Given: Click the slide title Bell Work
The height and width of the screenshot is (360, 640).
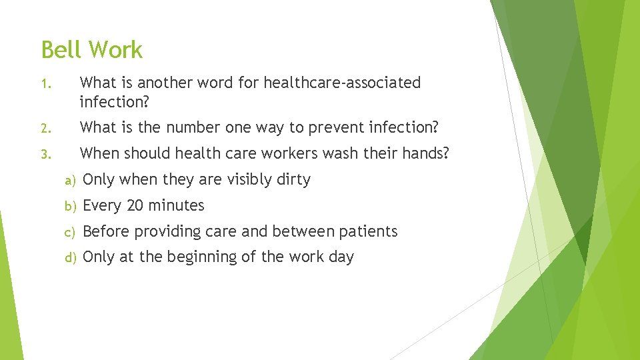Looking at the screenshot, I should [x=92, y=50].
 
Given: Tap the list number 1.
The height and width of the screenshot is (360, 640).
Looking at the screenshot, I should [x=44, y=84].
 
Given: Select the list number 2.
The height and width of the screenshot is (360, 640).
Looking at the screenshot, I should [x=45, y=128].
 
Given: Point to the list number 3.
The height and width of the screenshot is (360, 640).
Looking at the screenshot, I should [x=45, y=155].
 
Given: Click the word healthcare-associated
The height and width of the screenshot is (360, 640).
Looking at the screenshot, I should [x=342, y=83].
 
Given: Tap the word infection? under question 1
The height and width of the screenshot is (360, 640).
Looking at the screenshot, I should [x=114, y=102].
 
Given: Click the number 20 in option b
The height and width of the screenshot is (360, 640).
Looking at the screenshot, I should [x=135, y=205].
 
